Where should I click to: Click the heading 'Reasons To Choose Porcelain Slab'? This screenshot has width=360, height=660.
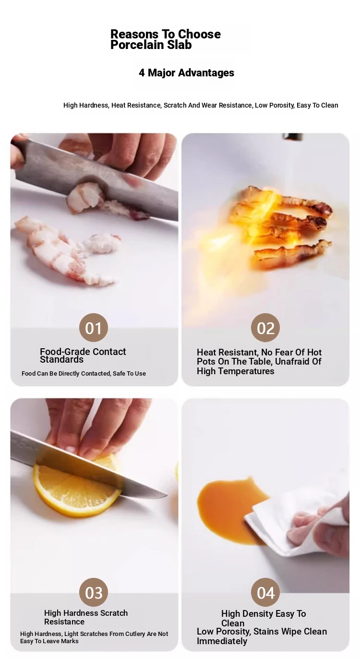coord(166,39)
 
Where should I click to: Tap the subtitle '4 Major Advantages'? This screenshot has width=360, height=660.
coord(187,73)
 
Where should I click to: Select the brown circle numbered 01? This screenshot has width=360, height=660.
coord(94,328)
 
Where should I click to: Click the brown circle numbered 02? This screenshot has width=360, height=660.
coord(265,328)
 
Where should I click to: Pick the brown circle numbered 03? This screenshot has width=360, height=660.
coord(94,592)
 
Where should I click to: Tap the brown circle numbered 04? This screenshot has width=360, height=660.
coord(265,592)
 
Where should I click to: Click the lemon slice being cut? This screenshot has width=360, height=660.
coord(77,486)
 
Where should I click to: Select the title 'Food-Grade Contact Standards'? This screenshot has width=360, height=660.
coord(83,355)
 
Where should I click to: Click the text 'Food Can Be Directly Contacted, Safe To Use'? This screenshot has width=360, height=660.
coord(84,373)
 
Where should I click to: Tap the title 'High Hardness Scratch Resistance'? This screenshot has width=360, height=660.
coord(86,617)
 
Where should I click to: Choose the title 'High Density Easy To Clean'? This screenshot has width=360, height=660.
coord(264,618)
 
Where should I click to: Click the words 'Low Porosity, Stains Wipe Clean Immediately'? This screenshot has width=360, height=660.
coord(262,636)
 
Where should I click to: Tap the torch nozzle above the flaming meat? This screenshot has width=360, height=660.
coord(292,136)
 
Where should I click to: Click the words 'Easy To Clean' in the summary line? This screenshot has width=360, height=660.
coord(317,105)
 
